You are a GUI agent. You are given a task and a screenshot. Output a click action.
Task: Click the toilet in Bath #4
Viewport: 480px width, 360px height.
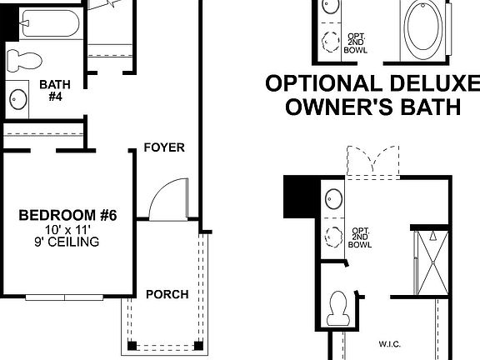pos(23,59)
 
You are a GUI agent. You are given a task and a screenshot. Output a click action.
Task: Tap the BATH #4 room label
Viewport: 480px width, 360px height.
pos(54,90)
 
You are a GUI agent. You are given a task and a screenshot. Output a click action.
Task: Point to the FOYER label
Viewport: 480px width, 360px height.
pos(163,147)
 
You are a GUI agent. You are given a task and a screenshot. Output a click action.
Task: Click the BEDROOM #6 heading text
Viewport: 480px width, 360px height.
pos(67,216)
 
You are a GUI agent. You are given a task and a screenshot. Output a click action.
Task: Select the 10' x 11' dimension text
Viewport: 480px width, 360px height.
pos(68,229)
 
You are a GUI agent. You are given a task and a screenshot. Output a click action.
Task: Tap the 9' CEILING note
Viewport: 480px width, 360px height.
pos(68,242)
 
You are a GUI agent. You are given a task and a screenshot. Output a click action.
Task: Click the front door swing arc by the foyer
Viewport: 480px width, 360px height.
pos(163,198)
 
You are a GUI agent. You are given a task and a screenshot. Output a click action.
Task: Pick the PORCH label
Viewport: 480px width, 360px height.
pos(167,294)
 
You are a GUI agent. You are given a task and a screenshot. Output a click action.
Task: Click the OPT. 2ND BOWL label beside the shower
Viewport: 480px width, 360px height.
pos(360,237)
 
